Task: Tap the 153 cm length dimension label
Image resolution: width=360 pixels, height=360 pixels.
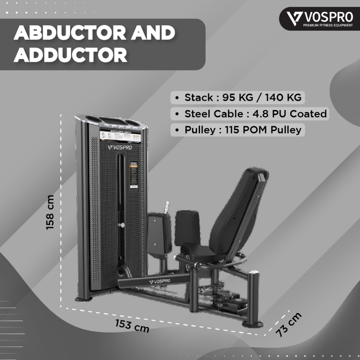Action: pos(132,326)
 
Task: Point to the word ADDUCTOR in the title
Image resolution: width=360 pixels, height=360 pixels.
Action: pos(70,55)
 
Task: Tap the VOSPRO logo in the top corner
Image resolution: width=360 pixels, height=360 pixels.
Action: pos(320,18)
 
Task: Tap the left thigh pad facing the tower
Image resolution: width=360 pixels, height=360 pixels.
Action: pos(159,234)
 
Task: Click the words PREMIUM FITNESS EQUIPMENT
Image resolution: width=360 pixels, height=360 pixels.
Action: pos(326,25)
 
